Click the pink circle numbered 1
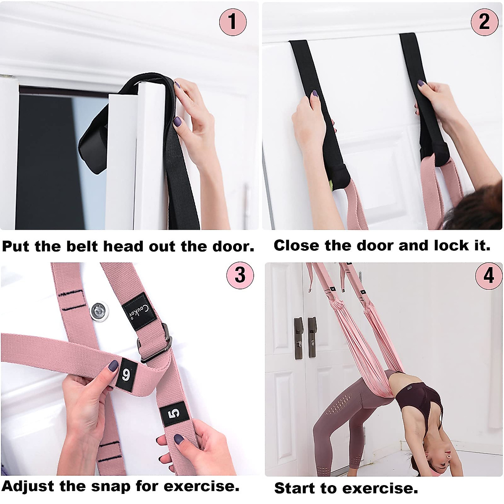(x=232, y=22)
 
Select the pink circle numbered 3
(x=240, y=275)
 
